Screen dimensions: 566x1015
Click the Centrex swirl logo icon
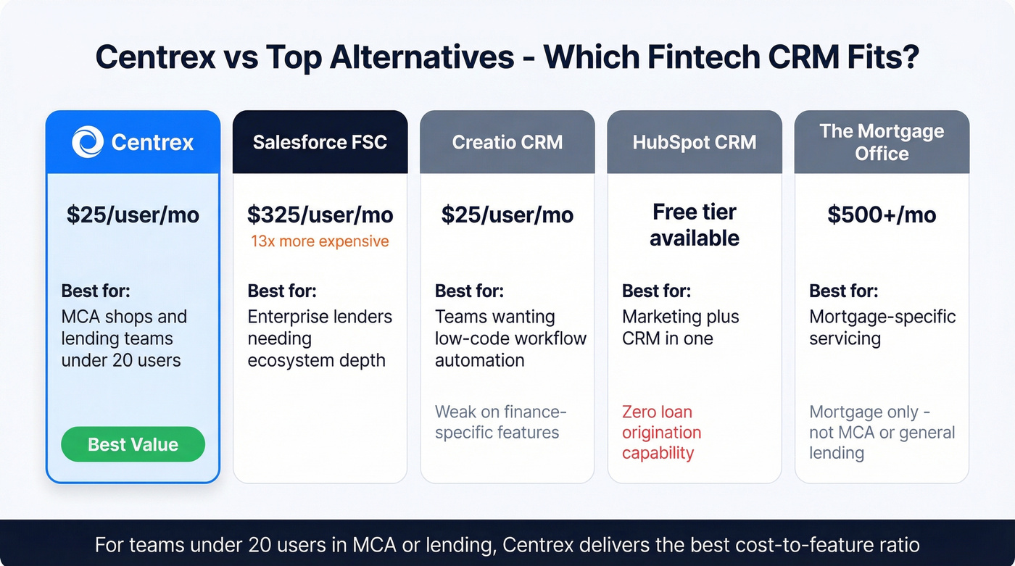pos(88,141)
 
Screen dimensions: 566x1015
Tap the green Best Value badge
pos(133,444)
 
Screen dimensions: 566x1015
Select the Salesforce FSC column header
pos(320,142)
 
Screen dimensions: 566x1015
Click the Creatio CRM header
pos(507,142)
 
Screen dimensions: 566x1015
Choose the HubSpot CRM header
pos(694,142)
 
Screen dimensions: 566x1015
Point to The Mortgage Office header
pos(882,142)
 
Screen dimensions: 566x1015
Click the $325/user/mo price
pos(320,215)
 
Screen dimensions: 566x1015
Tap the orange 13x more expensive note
pos(320,241)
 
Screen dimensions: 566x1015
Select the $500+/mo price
pos(882,215)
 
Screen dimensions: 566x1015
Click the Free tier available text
pos(694,225)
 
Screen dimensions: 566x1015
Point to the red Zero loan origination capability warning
pos(661,433)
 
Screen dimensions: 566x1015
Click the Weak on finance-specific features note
pos(500,422)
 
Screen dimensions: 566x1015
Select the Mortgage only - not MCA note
pos(882,433)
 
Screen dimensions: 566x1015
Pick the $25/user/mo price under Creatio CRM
pos(507,215)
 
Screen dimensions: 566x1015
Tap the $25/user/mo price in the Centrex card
pos(133,215)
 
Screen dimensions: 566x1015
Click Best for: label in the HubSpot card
pos(656,291)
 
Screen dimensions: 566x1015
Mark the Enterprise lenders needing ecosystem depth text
pos(320,338)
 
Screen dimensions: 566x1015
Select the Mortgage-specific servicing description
pos(882,328)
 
